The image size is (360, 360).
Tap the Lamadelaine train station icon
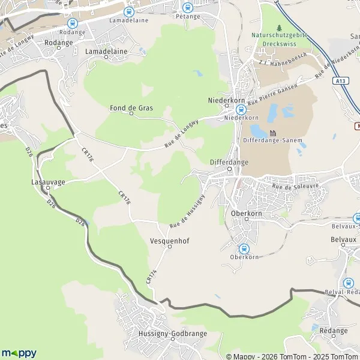point(128,11)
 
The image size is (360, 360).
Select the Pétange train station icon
point(187,8)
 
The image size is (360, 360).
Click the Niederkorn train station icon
point(241,110)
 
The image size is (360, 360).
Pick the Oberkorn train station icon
point(244,248)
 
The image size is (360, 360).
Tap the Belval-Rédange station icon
point(348,283)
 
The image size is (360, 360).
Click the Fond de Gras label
point(131,108)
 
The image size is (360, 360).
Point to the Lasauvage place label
point(48,181)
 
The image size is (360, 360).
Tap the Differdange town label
point(229,162)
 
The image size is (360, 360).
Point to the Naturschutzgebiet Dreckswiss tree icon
point(279,28)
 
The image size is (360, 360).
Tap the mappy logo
point(19,353)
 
